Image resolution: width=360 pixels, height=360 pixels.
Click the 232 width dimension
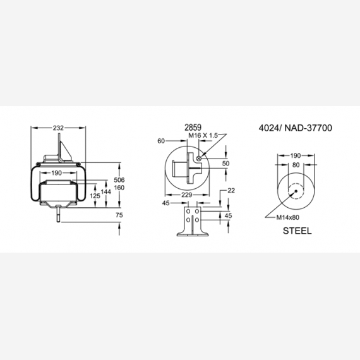(58, 128)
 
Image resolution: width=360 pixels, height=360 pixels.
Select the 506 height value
(119, 180)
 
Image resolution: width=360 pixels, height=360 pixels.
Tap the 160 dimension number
(119, 188)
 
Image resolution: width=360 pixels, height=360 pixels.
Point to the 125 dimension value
(95, 196)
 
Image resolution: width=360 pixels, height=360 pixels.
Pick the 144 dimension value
(106, 192)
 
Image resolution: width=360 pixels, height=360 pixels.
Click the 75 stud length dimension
(119, 215)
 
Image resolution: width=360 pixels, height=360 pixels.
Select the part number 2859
(193, 128)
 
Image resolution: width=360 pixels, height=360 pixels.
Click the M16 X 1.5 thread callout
(203, 135)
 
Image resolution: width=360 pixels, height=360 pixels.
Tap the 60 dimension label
(161, 141)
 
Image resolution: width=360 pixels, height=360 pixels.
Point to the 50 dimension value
(225, 163)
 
